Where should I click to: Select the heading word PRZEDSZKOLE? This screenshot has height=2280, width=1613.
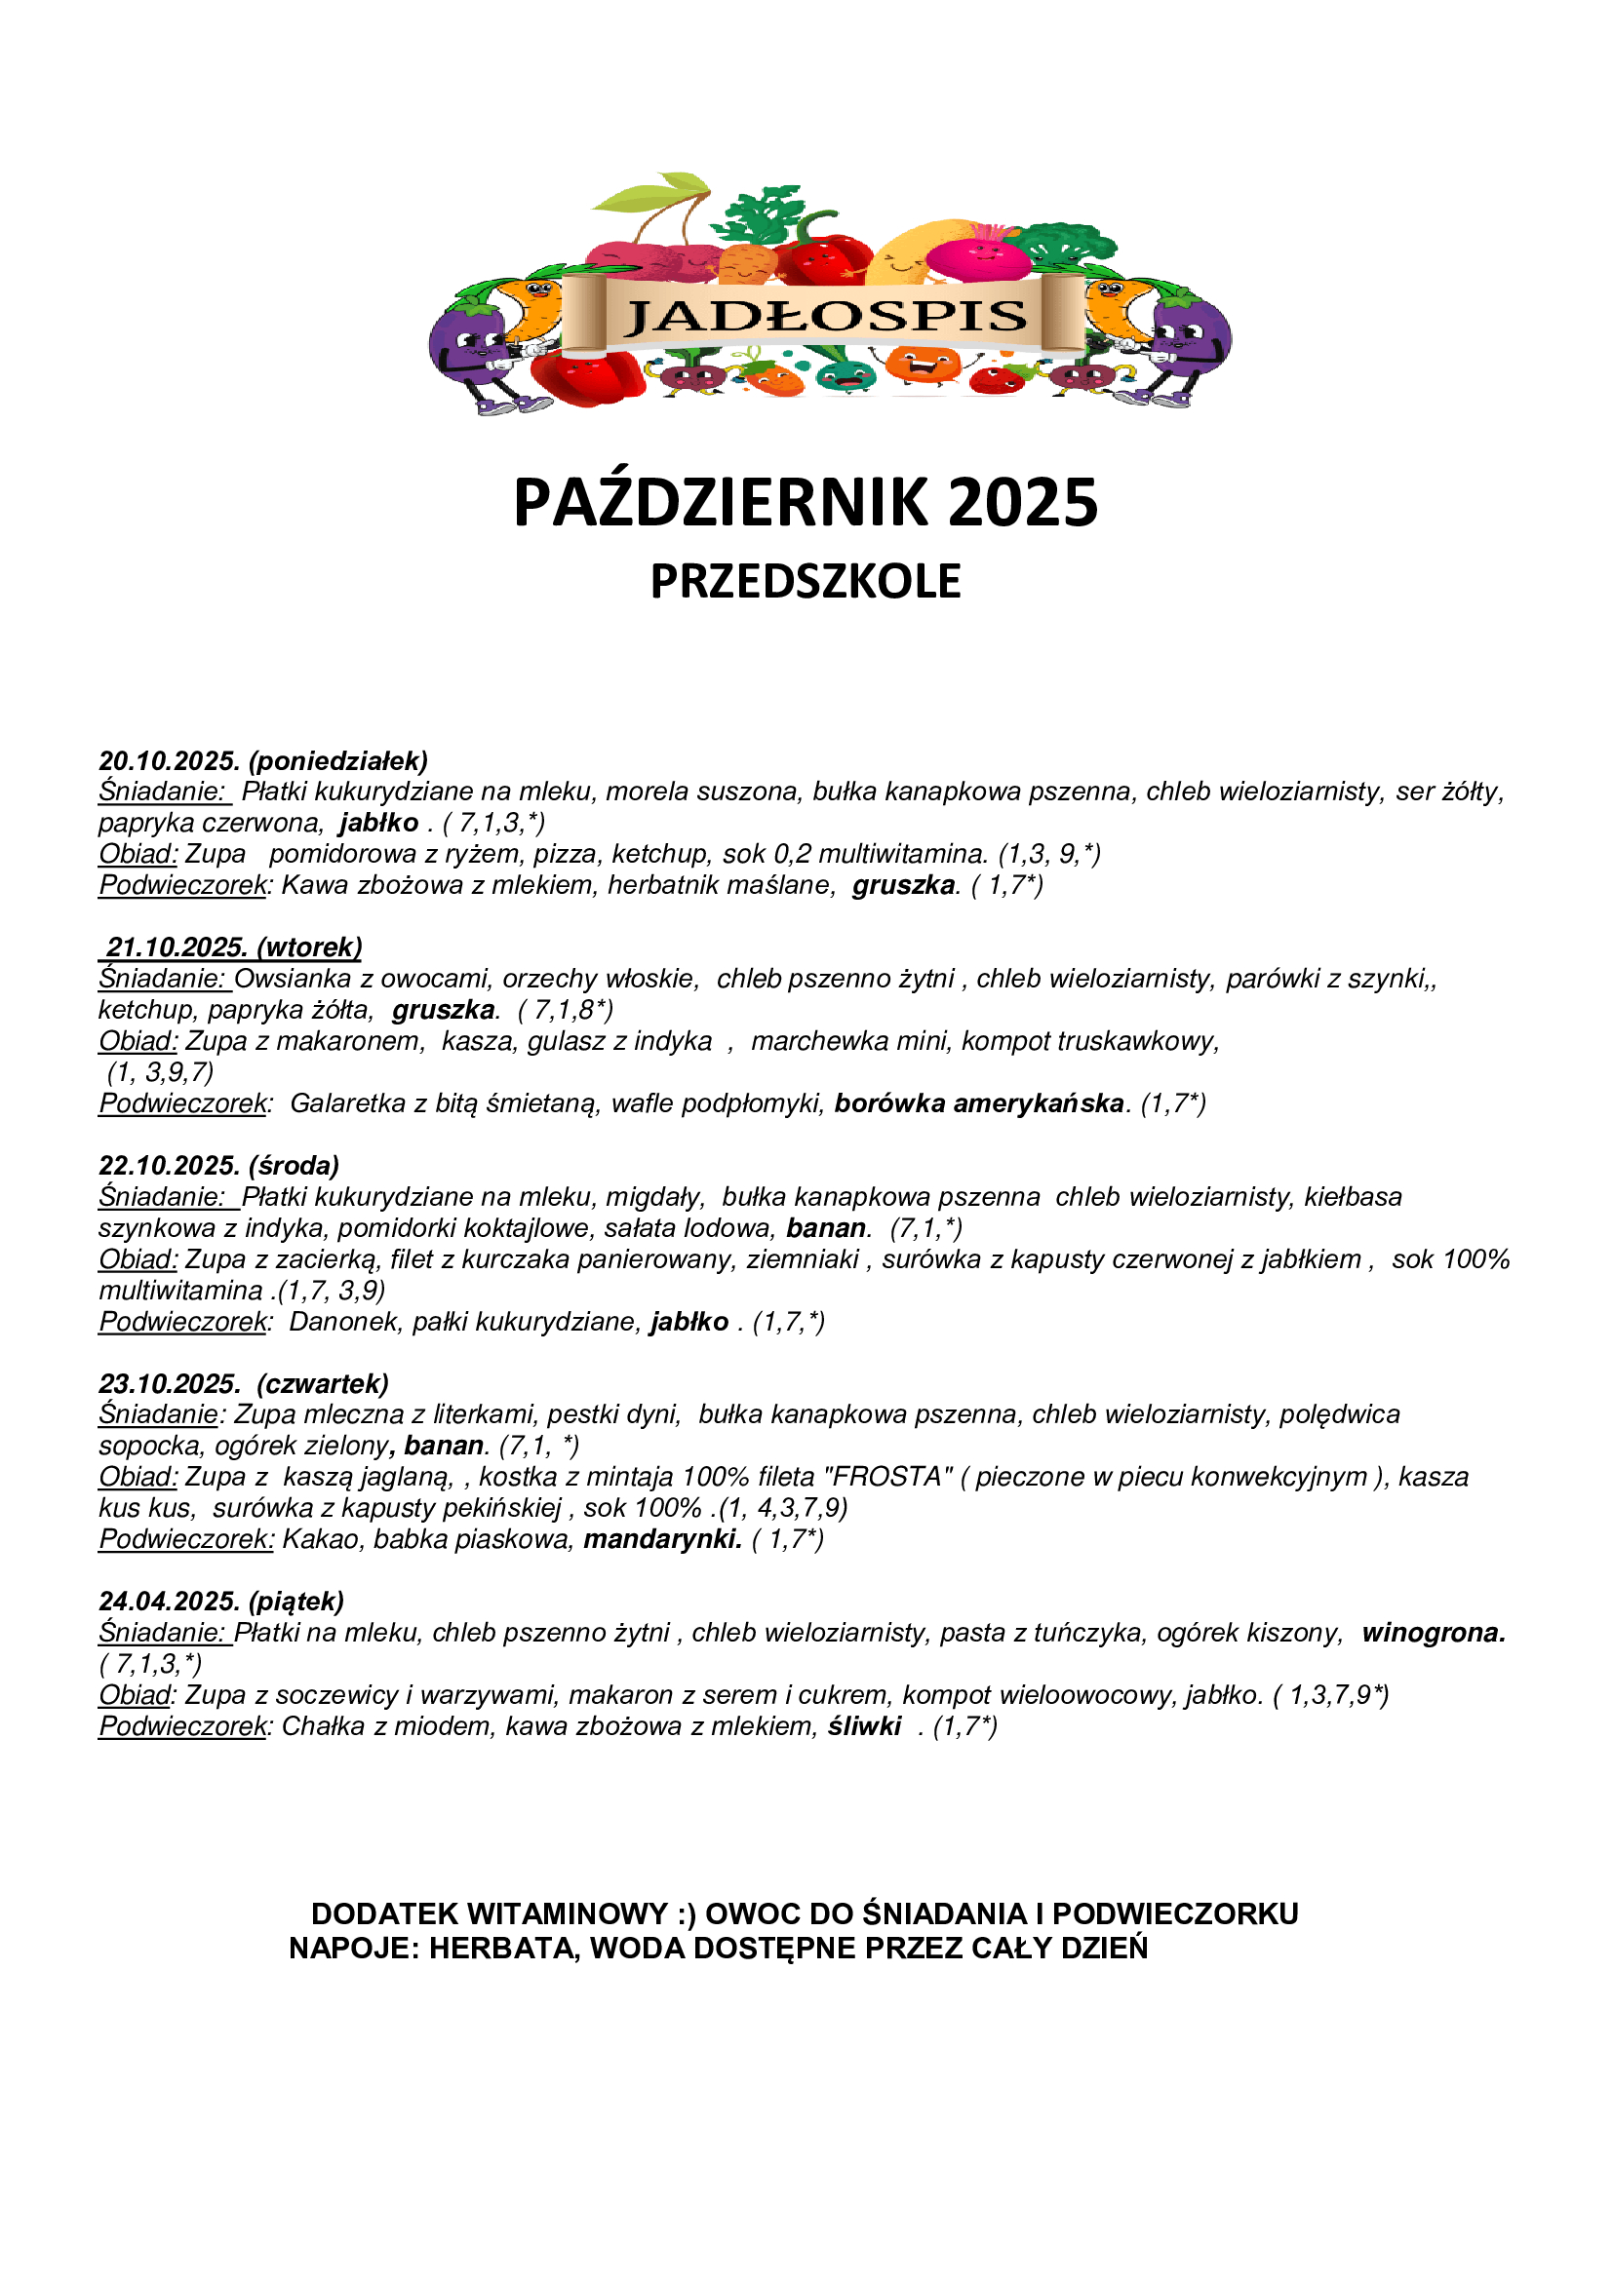tap(806, 581)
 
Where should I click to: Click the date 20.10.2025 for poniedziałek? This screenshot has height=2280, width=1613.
tap(170, 760)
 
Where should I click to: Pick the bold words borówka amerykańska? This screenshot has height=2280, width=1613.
tap(979, 1103)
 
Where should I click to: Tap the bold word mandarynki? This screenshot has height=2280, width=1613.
tap(662, 1539)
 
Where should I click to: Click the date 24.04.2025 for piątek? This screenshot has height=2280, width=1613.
tap(170, 1601)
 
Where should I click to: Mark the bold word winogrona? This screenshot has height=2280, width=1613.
tap(1434, 1633)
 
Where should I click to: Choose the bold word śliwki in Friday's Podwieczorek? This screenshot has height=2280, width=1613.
tap(865, 1726)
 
